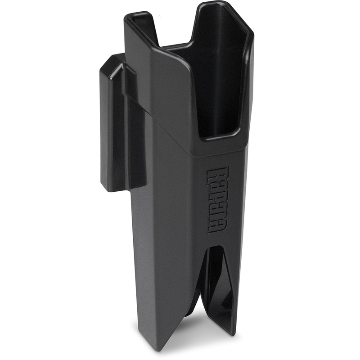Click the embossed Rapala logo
click(x=217, y=199)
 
